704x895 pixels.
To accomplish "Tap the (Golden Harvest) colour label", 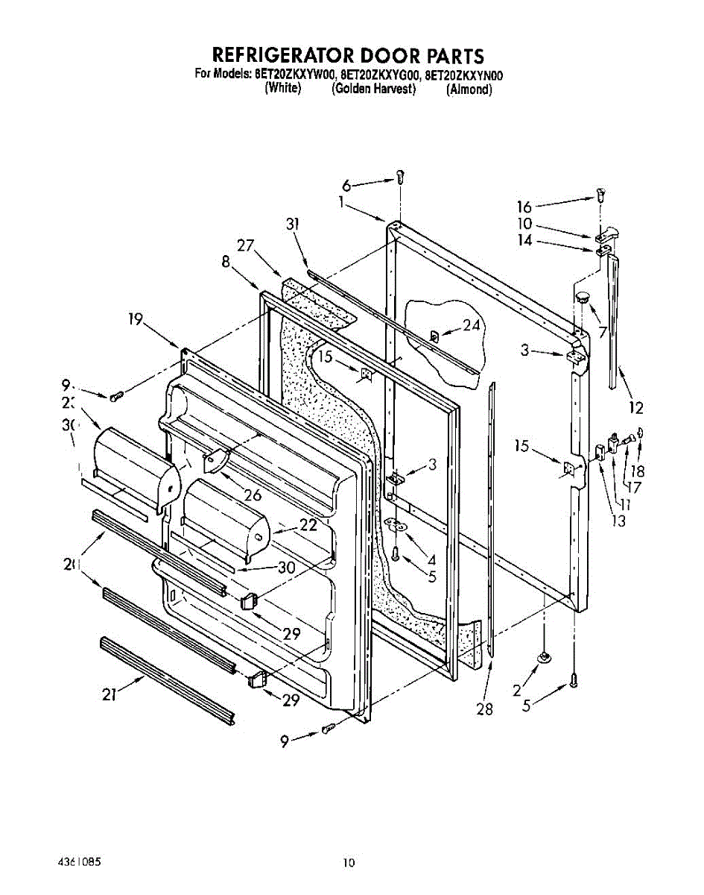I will coord(372,89).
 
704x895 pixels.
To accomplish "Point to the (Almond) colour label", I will coord(469,89).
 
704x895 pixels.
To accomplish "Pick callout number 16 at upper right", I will coord(525,207).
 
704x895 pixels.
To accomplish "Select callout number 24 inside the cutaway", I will coord(469,325).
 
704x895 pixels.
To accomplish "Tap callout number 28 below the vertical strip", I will coord(484,709).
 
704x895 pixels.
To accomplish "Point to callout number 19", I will coord(135,321).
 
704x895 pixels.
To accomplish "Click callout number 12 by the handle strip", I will coord(635,407).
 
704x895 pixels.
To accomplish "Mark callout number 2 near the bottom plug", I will coord(517,691).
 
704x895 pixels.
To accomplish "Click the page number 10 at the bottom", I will coord(349,863).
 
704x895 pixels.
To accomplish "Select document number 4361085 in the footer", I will coord(79,861).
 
